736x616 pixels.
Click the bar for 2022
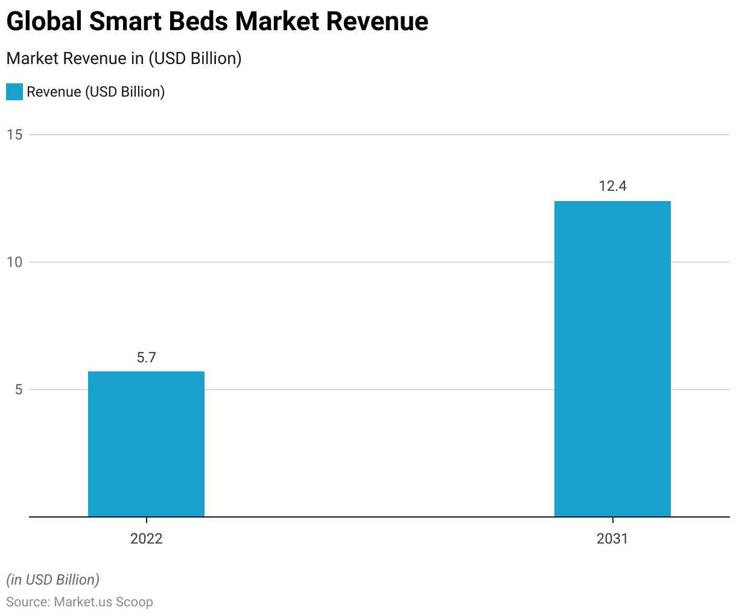pos(146,444)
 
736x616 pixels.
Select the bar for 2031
pos(612,359)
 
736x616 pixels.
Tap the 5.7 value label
pos(146,358)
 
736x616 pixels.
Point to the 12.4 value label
pos(612,187)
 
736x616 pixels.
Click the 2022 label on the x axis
pos(146,539)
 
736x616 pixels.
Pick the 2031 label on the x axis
pos(612,539)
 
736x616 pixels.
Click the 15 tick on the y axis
pos(14,135)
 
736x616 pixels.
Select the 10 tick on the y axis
pos(14,262)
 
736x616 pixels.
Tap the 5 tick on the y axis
pos(18,390)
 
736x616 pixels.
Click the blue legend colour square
pos(14,92)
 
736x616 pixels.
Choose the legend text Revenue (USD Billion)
pos(96,92)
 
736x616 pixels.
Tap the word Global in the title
pos(44,22)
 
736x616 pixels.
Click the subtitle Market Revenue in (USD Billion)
pos(124,59)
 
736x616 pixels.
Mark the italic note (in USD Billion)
pos(53,580)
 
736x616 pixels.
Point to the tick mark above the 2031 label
pos(612,520)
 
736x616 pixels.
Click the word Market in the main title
pos(277,22)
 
